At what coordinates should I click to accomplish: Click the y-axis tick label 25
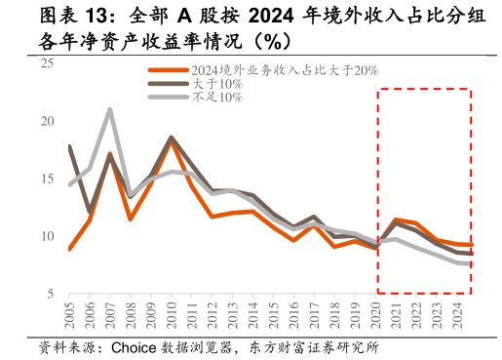click(x=47, y=64)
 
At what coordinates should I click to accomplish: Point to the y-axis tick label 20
click(x=47, y=122)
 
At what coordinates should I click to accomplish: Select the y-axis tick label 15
click(x=47, y=180)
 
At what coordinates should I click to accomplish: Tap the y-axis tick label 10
click(x=47, y=237)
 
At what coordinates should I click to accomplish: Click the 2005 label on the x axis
click(x=69, y=317)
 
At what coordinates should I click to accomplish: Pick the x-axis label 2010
click(x=172, y=317)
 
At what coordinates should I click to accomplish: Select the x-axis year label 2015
click(x=273, y=317)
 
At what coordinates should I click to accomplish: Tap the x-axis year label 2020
click(x=375, y=317)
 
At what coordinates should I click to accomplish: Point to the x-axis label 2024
click(x=456, y=317)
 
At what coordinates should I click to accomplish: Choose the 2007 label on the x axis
click(x=110, y=317)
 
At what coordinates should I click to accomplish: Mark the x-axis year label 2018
click(x=334, y=317)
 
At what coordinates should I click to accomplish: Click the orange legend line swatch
click(x=168, y=70)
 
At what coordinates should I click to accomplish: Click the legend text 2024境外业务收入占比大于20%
click(x=284, y=70)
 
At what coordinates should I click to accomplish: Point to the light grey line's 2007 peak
click(x=110, y=109)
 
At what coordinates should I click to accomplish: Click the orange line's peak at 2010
click(x=172, y=142)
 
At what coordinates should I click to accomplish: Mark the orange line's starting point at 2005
click(x=69, y=249)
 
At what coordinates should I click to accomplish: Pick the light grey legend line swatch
click(x=168, y=98)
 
